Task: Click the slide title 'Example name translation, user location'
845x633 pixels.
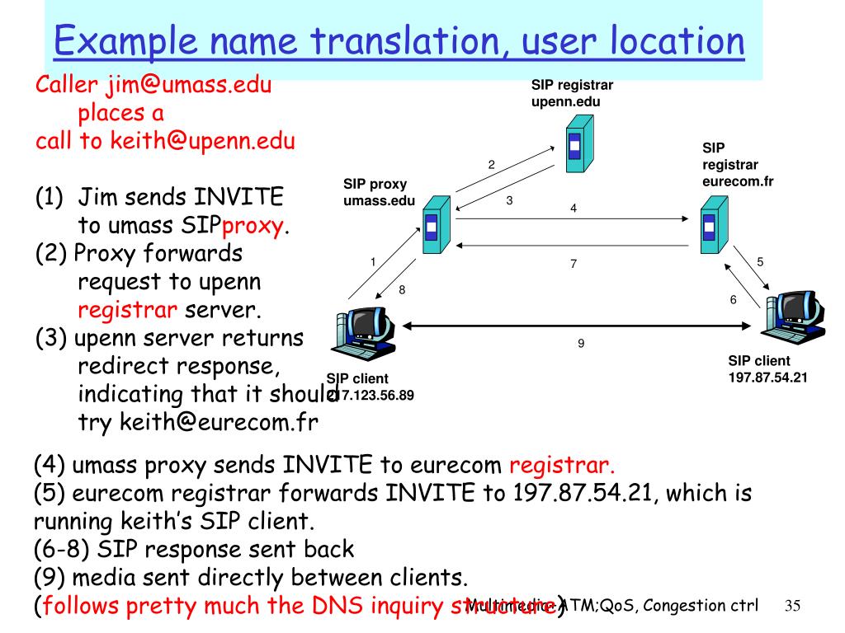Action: point(399,41)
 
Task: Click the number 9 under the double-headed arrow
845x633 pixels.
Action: point(581,343)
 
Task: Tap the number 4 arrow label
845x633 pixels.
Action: point(573,209)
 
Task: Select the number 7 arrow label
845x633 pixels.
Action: point(573,264)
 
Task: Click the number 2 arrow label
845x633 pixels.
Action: point(491,164)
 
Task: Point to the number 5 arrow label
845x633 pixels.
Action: point(760,261)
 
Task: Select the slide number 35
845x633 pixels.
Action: point(793,607)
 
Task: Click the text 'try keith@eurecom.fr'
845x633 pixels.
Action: point(198,422)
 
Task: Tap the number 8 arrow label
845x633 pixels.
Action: point(402,289)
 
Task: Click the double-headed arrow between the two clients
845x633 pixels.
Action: point(578,327)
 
